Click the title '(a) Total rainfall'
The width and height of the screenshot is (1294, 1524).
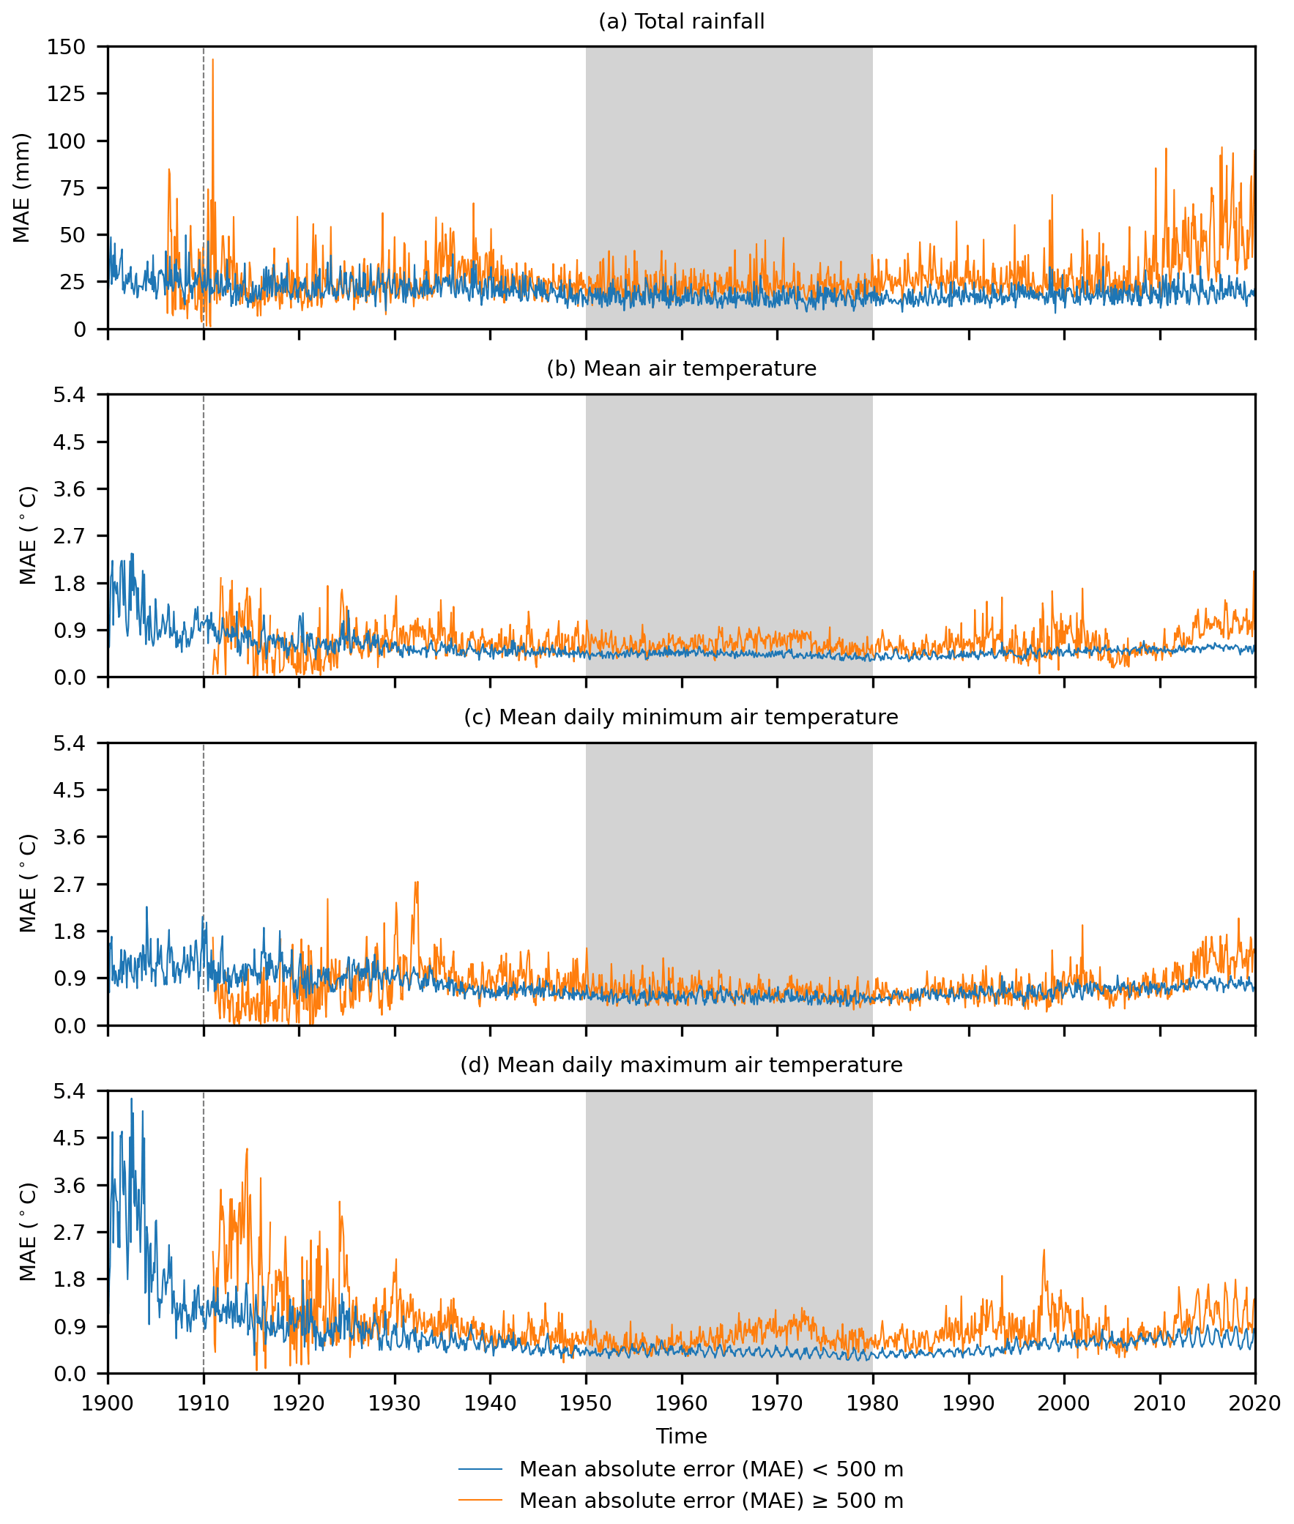[x=682, y=22]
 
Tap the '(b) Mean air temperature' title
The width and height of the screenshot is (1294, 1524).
[x=682, y=369]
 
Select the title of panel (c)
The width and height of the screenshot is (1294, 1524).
[x=682, y=717]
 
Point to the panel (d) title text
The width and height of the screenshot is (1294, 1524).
[x=682, y=1065]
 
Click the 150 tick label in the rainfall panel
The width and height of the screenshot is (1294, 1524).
[x=66, y=48]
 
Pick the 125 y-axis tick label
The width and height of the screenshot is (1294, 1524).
[x=66, y=94]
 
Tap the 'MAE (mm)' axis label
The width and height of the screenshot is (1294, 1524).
[x=22, y=187]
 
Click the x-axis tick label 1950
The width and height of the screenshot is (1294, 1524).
[x=585, y=1404]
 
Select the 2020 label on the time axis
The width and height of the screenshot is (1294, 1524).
[x=1254, y=1404]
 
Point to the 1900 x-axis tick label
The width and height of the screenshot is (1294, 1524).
[x=108, y=1404]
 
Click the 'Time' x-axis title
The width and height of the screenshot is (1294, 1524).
[x=682, y=1436]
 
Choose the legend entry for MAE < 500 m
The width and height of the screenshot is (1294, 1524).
[x=711, y=1470]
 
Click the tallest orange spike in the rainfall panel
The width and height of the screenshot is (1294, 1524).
[x=212, y=61]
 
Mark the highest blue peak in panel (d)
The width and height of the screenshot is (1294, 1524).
[x=131, y=1099]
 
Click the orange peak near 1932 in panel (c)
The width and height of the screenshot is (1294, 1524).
[x=417, y=883]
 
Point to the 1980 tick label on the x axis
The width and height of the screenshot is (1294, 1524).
[x=872, y=1404]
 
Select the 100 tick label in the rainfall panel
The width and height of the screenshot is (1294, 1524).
[x=66, y=141]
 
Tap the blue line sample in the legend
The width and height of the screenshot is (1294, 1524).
[x=480, y=1470]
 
